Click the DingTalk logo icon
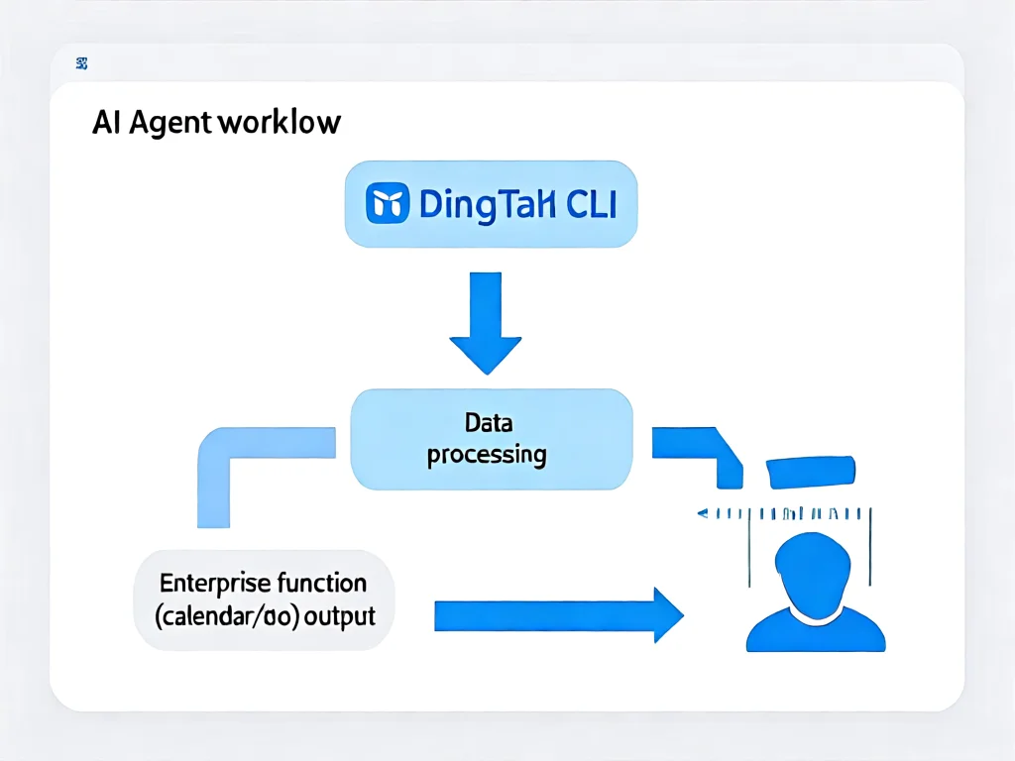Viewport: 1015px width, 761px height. [x=388, y=204]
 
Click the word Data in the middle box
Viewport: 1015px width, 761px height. [x=489, y=423]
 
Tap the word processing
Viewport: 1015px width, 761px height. [x=487, y=455]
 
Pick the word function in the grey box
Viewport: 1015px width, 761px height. [x=321, y=583]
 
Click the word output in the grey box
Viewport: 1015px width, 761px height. [x=339, y=615]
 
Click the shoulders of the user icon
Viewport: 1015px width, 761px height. [x=815, y=631]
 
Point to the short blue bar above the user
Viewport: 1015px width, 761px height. [x=811, y=472]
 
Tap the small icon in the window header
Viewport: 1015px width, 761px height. [x=81, y=65]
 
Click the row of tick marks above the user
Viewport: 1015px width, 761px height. [x=783, y=514]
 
